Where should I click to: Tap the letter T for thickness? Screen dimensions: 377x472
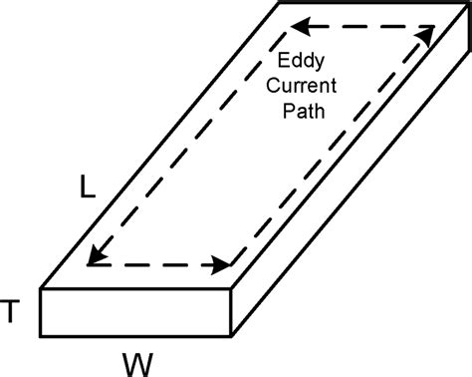tap(12, 312)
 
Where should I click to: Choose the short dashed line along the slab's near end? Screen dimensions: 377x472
tap(159, 265)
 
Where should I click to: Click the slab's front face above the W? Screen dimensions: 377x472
tap(136, 312)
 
